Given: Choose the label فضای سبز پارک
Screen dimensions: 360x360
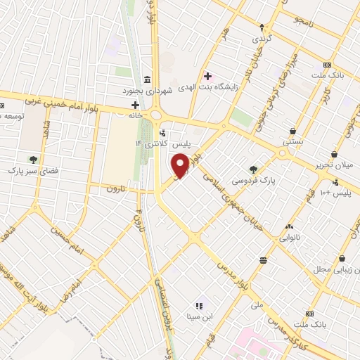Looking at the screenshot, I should [x=31, y=170].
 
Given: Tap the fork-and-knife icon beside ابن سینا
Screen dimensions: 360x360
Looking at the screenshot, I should [x=198, y=305].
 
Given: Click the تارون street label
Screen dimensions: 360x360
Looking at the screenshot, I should [x=115, y=189].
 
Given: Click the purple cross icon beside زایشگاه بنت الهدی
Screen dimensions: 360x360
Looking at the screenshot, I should [x=207, y=75].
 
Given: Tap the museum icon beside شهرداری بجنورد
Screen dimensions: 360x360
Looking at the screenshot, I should [x=146, y=79].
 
